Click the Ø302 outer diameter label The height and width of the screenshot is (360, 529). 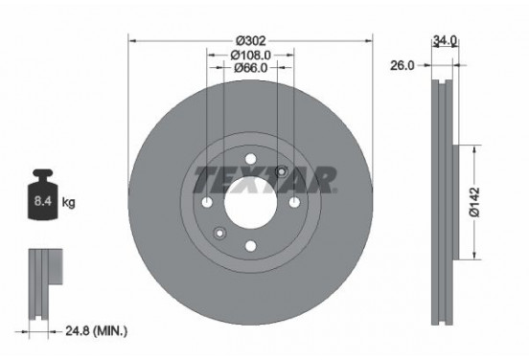point(251,41)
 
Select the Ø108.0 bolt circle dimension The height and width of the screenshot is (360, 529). point(251,55)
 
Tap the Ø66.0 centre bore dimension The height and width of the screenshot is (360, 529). point(251,68)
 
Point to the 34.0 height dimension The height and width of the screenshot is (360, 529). point(445,40)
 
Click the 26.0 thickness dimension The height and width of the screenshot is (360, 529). point(402,65)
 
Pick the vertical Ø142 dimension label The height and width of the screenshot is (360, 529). point(474,202)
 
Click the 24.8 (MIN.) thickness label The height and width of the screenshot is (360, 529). point(96,330)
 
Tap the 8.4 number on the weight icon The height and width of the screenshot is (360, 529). point(43,201)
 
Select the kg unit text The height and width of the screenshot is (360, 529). point(68,202)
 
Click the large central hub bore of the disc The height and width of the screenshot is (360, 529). point(251,202)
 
